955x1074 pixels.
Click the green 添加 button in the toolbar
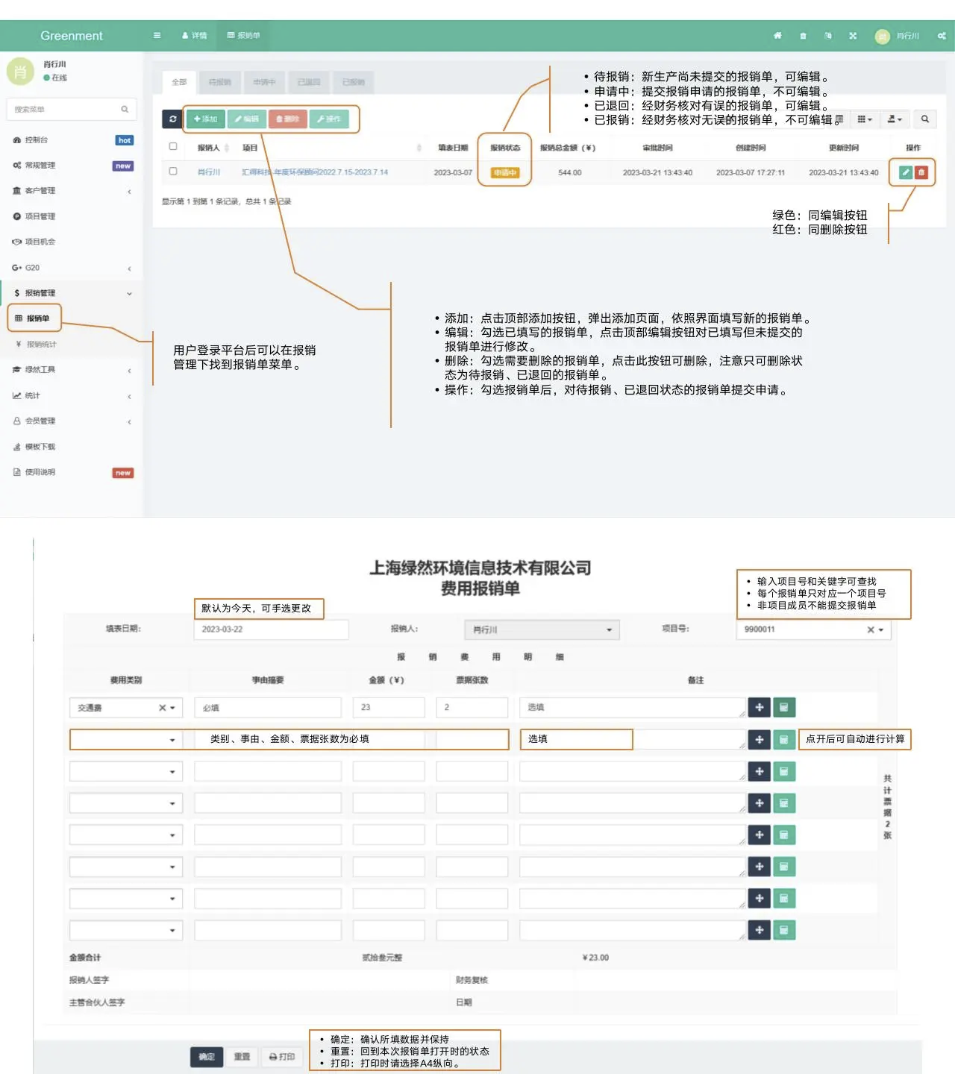pos(205,119)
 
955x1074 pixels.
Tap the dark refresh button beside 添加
pos(172,119)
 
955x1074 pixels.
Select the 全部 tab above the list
pos(179,82)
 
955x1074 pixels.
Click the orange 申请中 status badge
pos(504,173)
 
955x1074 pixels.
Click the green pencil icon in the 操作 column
pos(906,172)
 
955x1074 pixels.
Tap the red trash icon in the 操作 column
pos(921,172)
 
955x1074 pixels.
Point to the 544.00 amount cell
pos(569,173)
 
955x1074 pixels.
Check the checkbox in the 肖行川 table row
pos(173,172)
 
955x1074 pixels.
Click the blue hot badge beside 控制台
pos(125,140)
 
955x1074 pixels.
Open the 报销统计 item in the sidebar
pos(41,345)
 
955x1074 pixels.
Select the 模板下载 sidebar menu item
pos(40,447)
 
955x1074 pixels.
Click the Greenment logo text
pos(72,36)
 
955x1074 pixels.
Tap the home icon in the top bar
pos(777,36)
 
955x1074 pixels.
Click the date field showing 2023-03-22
pos(270,629)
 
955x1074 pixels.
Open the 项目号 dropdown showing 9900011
pos(812,629)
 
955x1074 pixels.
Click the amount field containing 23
pos(388,707)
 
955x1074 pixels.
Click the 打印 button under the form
pos(282,1057)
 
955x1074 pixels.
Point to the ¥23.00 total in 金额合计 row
pos(595,958)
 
